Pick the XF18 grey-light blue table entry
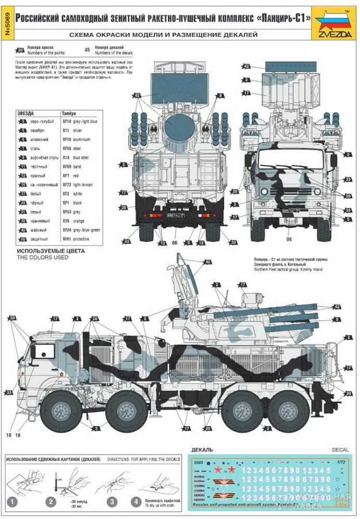[x=79, y=121]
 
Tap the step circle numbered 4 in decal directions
[x=135, y=502]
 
